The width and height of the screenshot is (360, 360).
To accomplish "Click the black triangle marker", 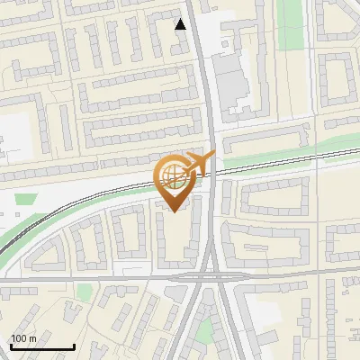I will (x=181, y=24).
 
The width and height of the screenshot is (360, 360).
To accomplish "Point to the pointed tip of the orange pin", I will (x=174, y=212).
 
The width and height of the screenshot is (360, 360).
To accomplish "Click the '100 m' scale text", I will (x=23, y=338).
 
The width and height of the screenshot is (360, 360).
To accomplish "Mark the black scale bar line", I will (x=41, y=346).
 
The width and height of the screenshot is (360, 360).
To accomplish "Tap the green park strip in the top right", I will (x=290, y=22).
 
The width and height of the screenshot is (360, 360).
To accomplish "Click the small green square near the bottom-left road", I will (x=85, y=292).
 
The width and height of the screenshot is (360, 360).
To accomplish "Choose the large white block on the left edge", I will (x=13, y=135).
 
